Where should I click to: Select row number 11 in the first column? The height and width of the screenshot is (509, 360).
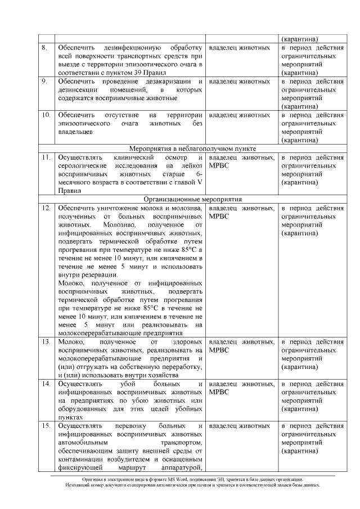[x=46, y=157]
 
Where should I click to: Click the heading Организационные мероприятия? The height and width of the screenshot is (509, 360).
[x=192, y=199]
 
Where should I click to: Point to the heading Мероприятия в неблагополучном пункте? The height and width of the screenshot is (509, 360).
[x=192, y=148]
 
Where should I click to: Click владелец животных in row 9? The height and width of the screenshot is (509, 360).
[x=239, y=82]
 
